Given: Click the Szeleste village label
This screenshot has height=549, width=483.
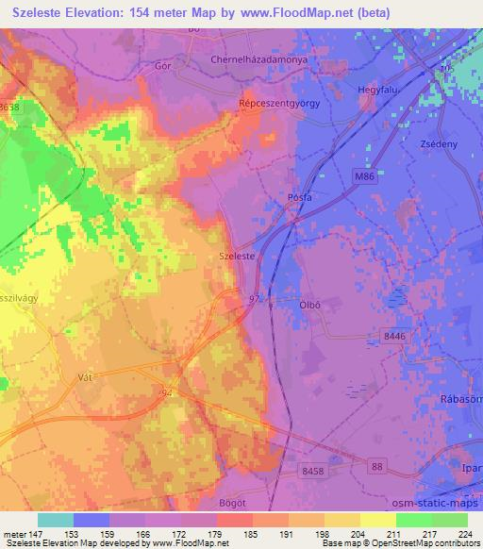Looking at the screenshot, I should [x=236, y=255].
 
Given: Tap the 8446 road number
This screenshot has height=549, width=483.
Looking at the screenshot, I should [x=396, y=336].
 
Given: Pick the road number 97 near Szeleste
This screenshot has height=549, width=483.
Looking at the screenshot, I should [x=254, y=299].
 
